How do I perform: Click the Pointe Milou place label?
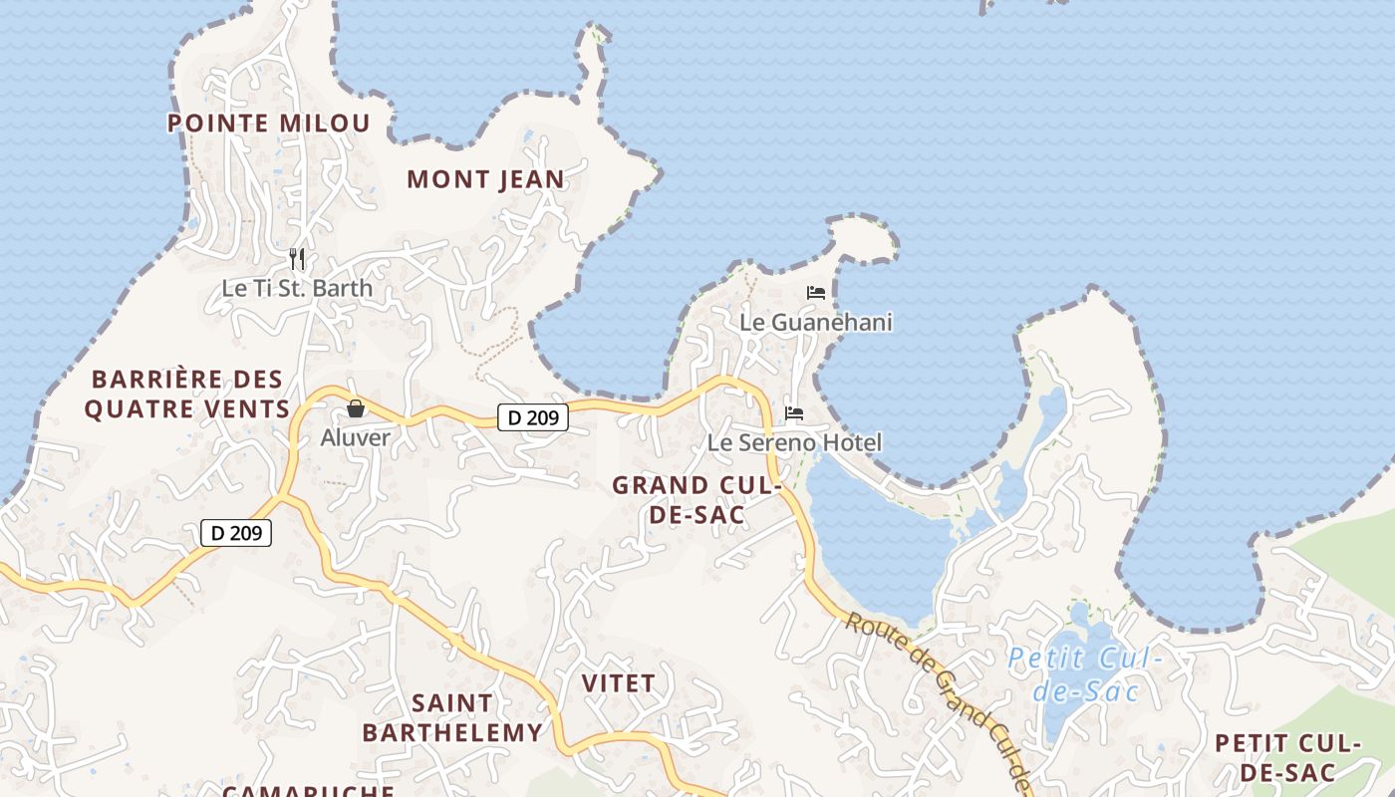pos(268,124)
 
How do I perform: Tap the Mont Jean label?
pos(485,180)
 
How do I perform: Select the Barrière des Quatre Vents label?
pos(187,395)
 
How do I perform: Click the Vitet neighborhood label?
pos(618,683)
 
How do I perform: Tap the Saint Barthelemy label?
pos(452,718)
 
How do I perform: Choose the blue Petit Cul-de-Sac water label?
pos(1084,674)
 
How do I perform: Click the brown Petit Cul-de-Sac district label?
pos(1287,757)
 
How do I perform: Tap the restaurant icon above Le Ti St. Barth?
pos(296,259)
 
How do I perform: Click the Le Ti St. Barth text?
pos(297,289)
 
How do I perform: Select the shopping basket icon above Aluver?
pos(356,408)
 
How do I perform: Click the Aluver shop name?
pos(356,437)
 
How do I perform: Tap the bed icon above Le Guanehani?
pos(816,293)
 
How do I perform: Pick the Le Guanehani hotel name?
pos(816,323)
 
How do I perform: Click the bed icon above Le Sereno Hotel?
pos(794,412)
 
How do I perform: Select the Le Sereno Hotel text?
pos(794,442)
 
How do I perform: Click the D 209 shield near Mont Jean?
pos(533,417)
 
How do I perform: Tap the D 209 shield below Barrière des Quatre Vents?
pos(236,533)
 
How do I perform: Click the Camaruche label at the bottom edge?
pos(308,791)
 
